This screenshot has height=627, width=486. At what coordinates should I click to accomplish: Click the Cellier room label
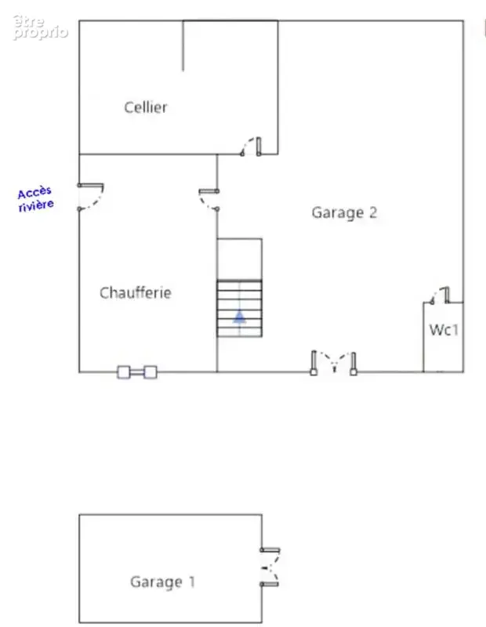tap(146, 107)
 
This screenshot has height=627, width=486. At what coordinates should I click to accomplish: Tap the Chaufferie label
tap(136, 292)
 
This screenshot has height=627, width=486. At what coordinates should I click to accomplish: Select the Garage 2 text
tap(344, 212)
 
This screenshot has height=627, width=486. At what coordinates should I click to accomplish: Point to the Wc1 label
tap(444, 330)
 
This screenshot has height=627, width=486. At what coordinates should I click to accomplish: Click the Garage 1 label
tap(162, 582)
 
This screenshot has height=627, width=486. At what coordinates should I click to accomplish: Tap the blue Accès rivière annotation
tap(35, 199)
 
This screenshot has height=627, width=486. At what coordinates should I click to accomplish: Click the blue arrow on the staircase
tap(239, 317)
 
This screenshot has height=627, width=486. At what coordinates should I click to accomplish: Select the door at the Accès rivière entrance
tap(91, 197)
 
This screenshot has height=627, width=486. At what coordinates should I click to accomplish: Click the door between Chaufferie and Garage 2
tap(209, 199)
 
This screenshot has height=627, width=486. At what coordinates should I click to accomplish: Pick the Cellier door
tap(251, 147)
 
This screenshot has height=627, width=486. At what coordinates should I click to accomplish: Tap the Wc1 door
tap(440, 295)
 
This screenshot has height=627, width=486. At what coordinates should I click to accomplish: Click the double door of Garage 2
tap(334, 363)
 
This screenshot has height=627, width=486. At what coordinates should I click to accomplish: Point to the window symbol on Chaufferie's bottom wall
tap(137, 372)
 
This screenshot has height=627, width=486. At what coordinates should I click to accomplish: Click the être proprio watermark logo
tap(40, 27)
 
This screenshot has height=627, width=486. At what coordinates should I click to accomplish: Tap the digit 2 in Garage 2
tap(373, 212)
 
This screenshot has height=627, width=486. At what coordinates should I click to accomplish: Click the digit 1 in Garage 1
tap(191, 582)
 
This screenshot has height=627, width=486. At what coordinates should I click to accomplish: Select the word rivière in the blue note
tap(36, 205)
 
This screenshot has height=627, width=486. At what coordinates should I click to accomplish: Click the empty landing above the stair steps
tap(240, 259)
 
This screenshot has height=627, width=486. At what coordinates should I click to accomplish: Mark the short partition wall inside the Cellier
tap(183, 45)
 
